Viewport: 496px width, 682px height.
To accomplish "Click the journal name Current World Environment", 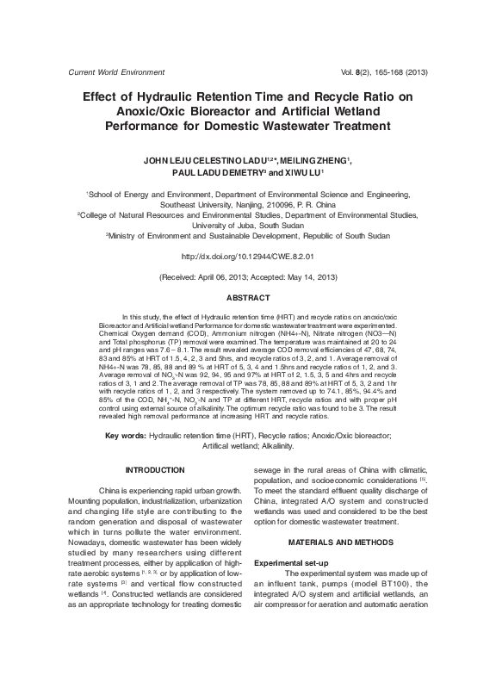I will click(107, 72).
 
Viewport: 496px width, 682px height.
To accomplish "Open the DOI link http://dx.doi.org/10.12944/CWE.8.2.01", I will click(248, 256).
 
